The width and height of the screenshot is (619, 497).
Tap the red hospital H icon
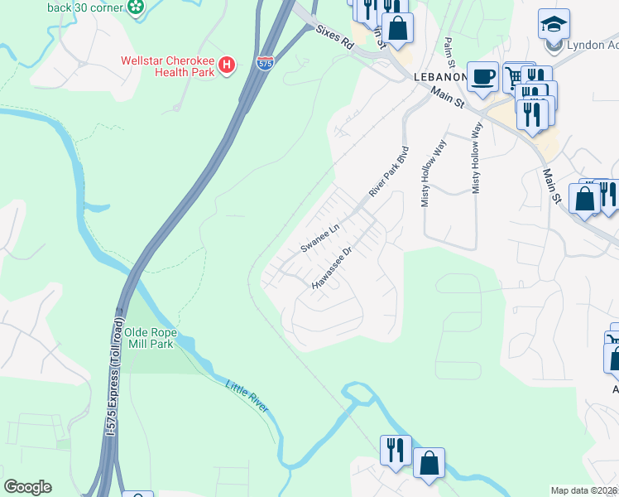pos(226,64)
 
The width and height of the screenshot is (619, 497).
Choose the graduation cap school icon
pos(553,22)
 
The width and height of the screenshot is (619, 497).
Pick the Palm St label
pos(449,52)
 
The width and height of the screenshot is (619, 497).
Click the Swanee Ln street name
pos(321,237)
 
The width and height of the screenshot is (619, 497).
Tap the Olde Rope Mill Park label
pos(150,338)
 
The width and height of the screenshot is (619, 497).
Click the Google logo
pos(27,487)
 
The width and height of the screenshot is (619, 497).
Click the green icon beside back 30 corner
pos(136,7)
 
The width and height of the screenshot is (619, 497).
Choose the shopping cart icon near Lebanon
pos(514,77)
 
